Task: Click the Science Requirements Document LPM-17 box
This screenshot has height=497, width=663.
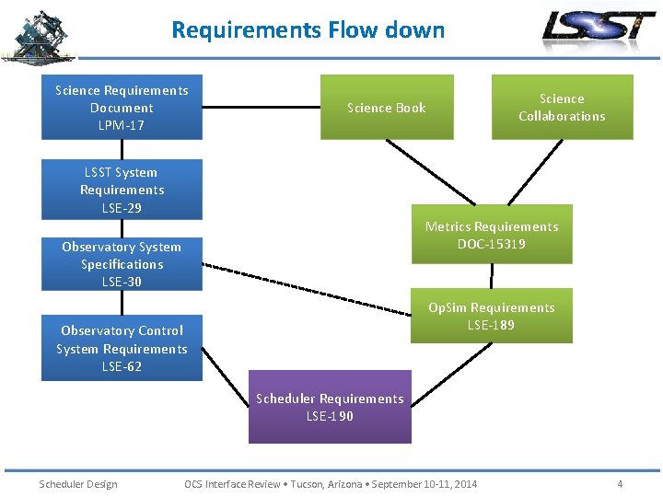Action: pos(122,108)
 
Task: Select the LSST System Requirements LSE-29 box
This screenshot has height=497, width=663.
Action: pos(122,190)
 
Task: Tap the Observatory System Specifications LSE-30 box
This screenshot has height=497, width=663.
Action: pos(122,264)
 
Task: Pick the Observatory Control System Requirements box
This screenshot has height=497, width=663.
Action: pos(122,348)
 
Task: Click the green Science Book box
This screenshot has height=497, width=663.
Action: pos(387,108)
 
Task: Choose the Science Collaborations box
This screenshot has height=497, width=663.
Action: pos(562,108)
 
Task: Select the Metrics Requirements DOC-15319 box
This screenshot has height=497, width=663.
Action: pos(491,235)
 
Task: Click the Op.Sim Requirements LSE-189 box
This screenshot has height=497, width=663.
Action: pos(491,316)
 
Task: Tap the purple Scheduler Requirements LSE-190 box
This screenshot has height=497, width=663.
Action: pos(330,407)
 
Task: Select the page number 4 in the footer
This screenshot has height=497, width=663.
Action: pos(620,484)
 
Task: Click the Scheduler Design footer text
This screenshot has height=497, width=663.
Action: pos(78,484)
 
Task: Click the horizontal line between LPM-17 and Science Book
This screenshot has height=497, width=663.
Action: pos(262,108)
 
